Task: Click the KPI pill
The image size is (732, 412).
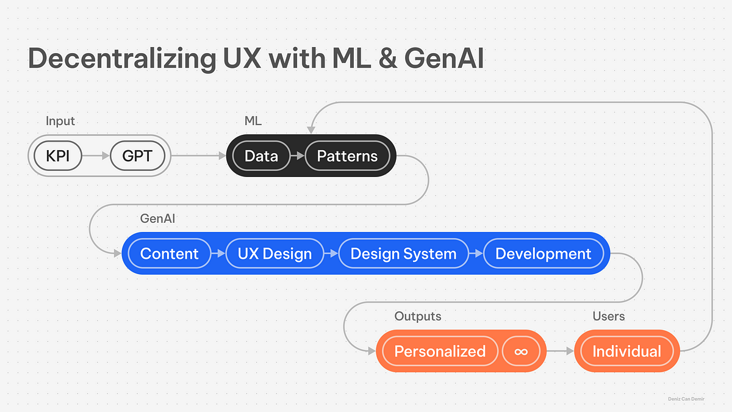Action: coord(57,156)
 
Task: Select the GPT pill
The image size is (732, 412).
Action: coord(138,156)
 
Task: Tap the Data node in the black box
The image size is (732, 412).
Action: coord(261,156)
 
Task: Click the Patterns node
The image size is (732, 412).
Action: coord(347,156)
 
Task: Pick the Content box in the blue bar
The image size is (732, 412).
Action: coord(170,253)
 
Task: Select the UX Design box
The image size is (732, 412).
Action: coord(274,253)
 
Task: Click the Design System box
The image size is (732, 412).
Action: coord(403,253)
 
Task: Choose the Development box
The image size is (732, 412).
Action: coord(543,253)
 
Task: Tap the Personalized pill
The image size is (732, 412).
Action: coord(440,351)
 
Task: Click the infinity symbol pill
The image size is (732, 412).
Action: coord(521,351)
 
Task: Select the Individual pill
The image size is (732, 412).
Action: coord(626,351)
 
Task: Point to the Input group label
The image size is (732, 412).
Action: coord(60,121)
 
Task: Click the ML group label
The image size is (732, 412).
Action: coord(253,121)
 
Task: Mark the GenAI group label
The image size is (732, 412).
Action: coord(157,218)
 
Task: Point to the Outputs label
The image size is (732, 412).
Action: coord(418,316)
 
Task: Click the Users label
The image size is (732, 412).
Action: coord(609,316)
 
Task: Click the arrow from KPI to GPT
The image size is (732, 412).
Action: coord(95,156)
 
